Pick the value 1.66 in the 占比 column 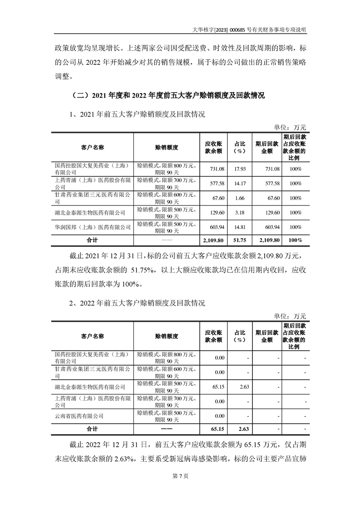tap(240, 198)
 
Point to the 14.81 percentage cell tap(240, 227)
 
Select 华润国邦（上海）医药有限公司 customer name tap(93, 227)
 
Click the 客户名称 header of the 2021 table tap(93, 147)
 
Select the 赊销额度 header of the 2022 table tap(166, 336)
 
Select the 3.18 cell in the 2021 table tap(240, 212)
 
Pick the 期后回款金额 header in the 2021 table tap(264, 147)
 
